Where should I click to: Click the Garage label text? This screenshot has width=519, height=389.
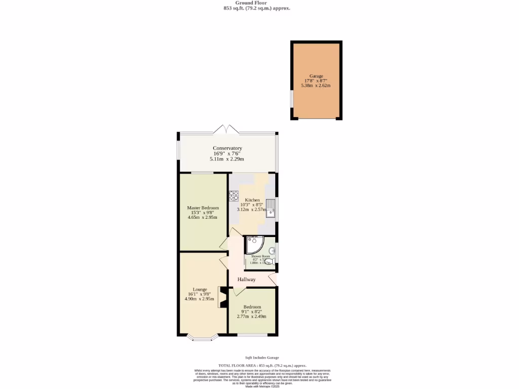(316, 76)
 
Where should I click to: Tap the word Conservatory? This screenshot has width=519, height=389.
(227, 148)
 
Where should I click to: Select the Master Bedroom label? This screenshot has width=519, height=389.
(203, 208)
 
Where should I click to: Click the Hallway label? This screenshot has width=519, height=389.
(247, 280)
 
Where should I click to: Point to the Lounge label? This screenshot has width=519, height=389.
(200, 289)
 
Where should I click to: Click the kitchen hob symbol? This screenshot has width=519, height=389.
(234, 195)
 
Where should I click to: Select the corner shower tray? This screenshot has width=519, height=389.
(253, 245)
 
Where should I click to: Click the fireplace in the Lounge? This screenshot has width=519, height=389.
(221, 297)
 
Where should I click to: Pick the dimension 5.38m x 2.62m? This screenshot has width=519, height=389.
(316, 86)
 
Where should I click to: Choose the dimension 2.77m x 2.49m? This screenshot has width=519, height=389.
(252, 317)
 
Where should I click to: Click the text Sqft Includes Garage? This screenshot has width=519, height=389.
(258, 358)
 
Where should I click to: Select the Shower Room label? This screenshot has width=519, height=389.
(259, 257)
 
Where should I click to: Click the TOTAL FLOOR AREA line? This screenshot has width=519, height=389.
(262, 365)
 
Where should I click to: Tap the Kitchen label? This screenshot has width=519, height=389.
(252, 200)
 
